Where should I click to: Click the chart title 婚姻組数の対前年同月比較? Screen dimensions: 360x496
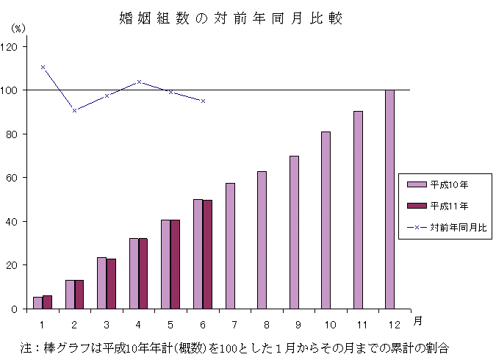pyautogui.click(x=231, y=18)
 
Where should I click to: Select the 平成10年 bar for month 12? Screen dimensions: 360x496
pyautogui.click(x=389, y=199)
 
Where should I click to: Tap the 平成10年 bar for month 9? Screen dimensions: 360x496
pyautogui.click(x=294, y=232)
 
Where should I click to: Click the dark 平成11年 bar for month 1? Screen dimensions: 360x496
pyautogui.click(x=47, y=302)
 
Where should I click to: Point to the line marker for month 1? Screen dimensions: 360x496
pyautogui.click(x=43, y=67)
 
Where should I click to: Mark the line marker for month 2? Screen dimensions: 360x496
pyautogui.click(x=74, y=110)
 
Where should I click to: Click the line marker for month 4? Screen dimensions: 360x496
pyautogui.click(x=139, y=82)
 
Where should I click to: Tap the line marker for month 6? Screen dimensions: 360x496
pyautogui.click(x=203, y=101)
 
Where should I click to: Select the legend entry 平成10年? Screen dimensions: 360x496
pyautogui.click(x=445, y=184)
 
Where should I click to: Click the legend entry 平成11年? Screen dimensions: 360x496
pyautogui.click(x=445, y=206)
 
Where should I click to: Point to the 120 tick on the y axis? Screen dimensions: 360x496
pyautogui.click(x=13, y=46)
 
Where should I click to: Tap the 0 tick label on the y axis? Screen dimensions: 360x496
pyautogui.click(x=18, y=309)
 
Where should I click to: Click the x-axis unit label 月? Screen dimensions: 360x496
pyautogui.click(x=417, y=321)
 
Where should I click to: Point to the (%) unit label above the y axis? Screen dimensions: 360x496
pyautogui.click(x=18, y=29)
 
